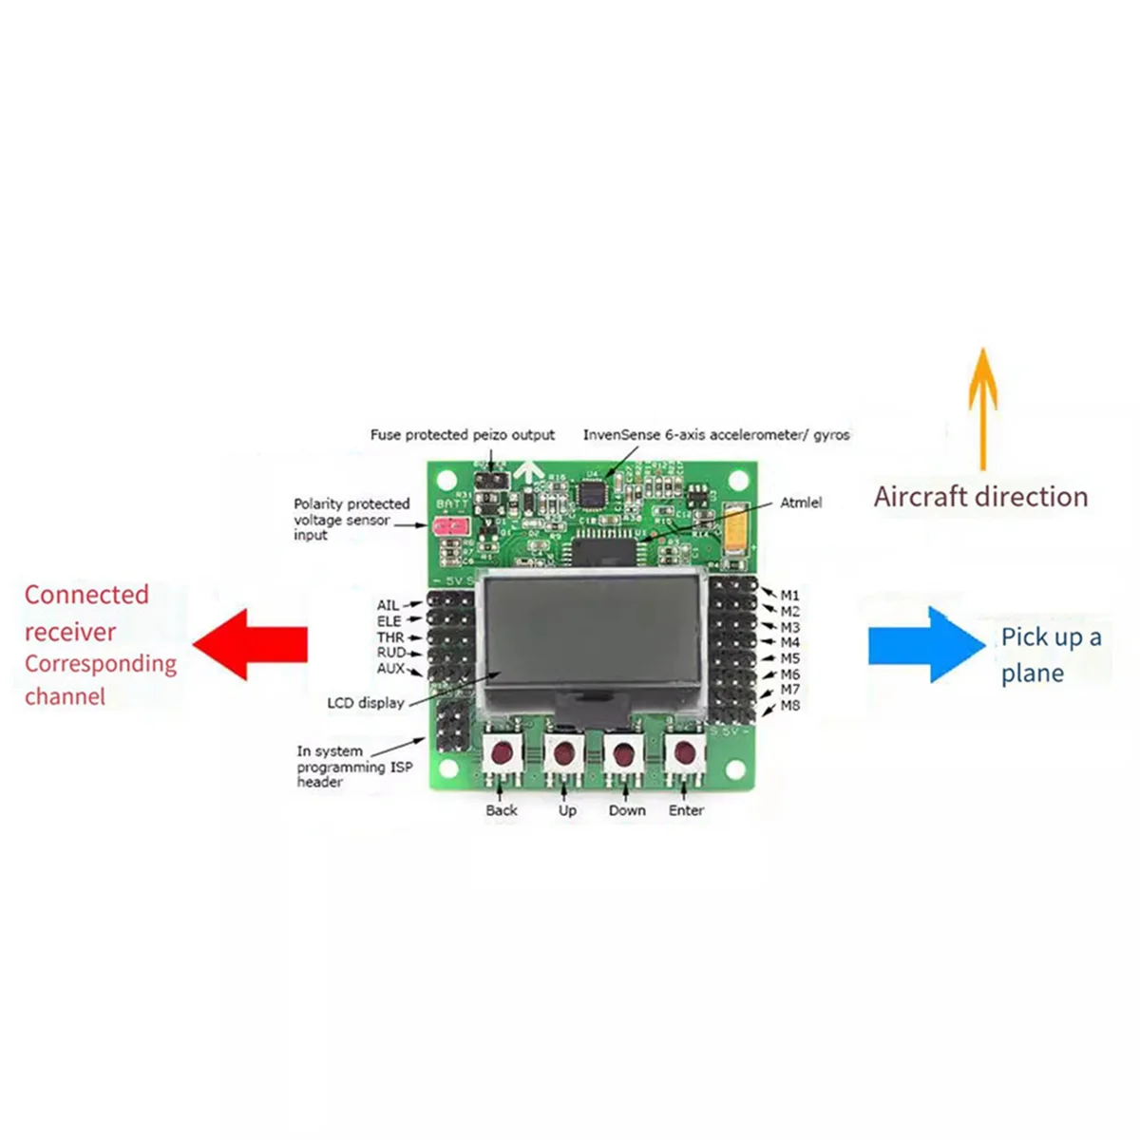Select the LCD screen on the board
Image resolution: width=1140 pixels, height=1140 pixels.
click(x=594, y=632)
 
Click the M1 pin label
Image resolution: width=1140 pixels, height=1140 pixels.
click(x=789, y=596)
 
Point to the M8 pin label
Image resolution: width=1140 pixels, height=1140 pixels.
click(x=789, y=706)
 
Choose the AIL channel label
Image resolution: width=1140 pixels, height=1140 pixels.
click(x=388, y=605)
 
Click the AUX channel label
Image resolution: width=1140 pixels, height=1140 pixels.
click(x=390, y=669)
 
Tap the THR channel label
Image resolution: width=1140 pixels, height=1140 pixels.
click(x=390, y=637)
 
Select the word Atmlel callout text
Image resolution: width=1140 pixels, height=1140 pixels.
click(x=801, y=503)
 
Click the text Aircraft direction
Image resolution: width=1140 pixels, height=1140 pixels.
click(x=980, y=497)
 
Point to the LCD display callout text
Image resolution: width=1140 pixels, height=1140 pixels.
click(x=366, y=703)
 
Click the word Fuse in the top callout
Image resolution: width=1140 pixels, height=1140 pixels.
click(x=386, y=435)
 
